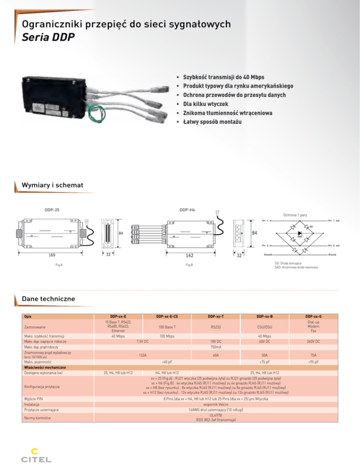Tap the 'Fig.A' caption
pyautogui.click(x=59, y=266)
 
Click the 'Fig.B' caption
pyautogui.click(x=188, y=266)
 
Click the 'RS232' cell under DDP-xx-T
pyautogui.click(x=216, y=327)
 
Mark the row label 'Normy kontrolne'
pyautogui.click(x=37, y=417)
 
